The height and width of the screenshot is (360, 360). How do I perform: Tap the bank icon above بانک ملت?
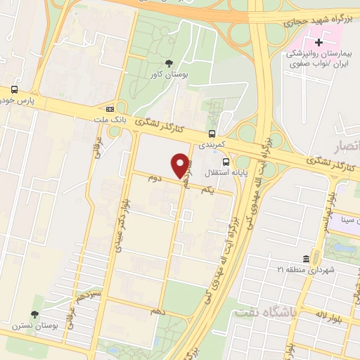pos(110,109)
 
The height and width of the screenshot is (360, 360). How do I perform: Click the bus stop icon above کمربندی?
pos(212,133)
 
